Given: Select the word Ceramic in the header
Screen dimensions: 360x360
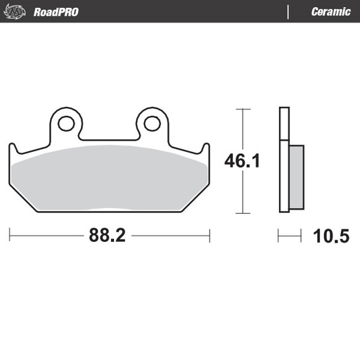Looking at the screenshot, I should click(330, 12).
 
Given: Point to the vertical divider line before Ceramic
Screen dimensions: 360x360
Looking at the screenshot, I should click(289, 12).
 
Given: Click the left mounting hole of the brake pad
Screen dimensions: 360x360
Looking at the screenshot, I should click(66, 124).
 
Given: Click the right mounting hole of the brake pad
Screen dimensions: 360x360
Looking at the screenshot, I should click(152, 124).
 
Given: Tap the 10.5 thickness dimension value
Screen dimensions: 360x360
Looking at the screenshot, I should click(330, 236).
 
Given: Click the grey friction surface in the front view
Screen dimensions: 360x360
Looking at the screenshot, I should click(109, 179).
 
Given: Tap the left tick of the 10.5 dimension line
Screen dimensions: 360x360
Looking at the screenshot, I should click(279, 236).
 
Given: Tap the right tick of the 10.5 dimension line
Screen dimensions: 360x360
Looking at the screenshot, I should click(303, 236).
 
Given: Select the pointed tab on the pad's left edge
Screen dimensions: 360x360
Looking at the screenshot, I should click(11, 149).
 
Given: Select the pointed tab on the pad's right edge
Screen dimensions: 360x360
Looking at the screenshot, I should click(206, 149).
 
